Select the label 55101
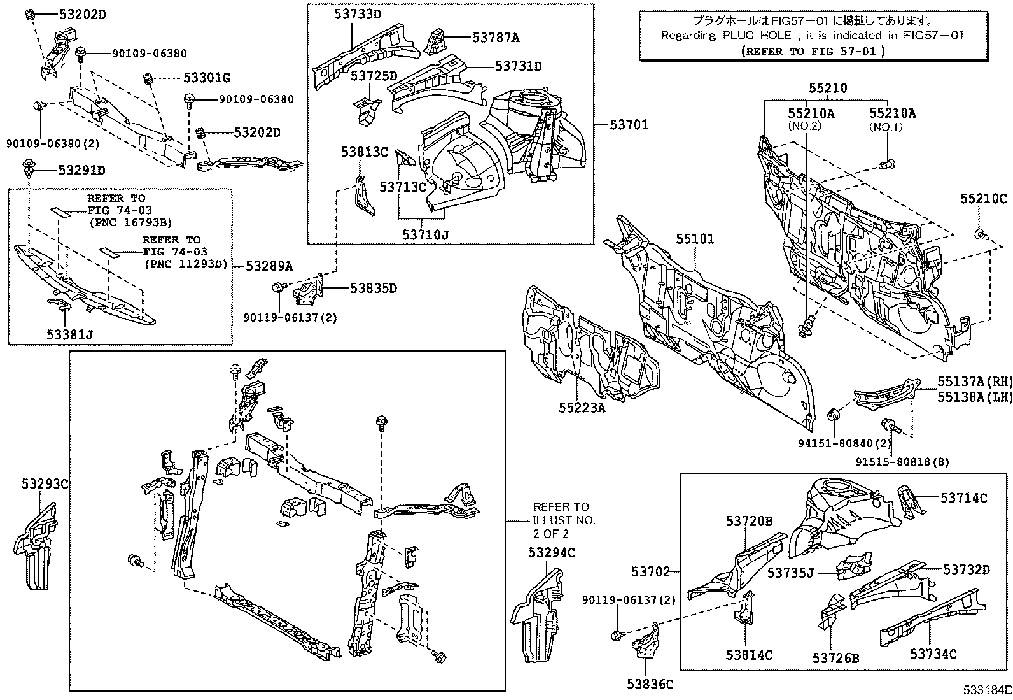(x=695, y=239)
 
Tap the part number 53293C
(x=42, y=484)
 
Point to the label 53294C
(x=552, y=553)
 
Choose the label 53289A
(x=269, y=266)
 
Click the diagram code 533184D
(x=986, y=690)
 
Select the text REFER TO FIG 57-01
(x=813, y=52)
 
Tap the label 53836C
(x=650, y=685)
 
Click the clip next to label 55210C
(x=980, y=234)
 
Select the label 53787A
(x=496, y=38)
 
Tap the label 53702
(x=650, y=571)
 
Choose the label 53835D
(x=373, y=289)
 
